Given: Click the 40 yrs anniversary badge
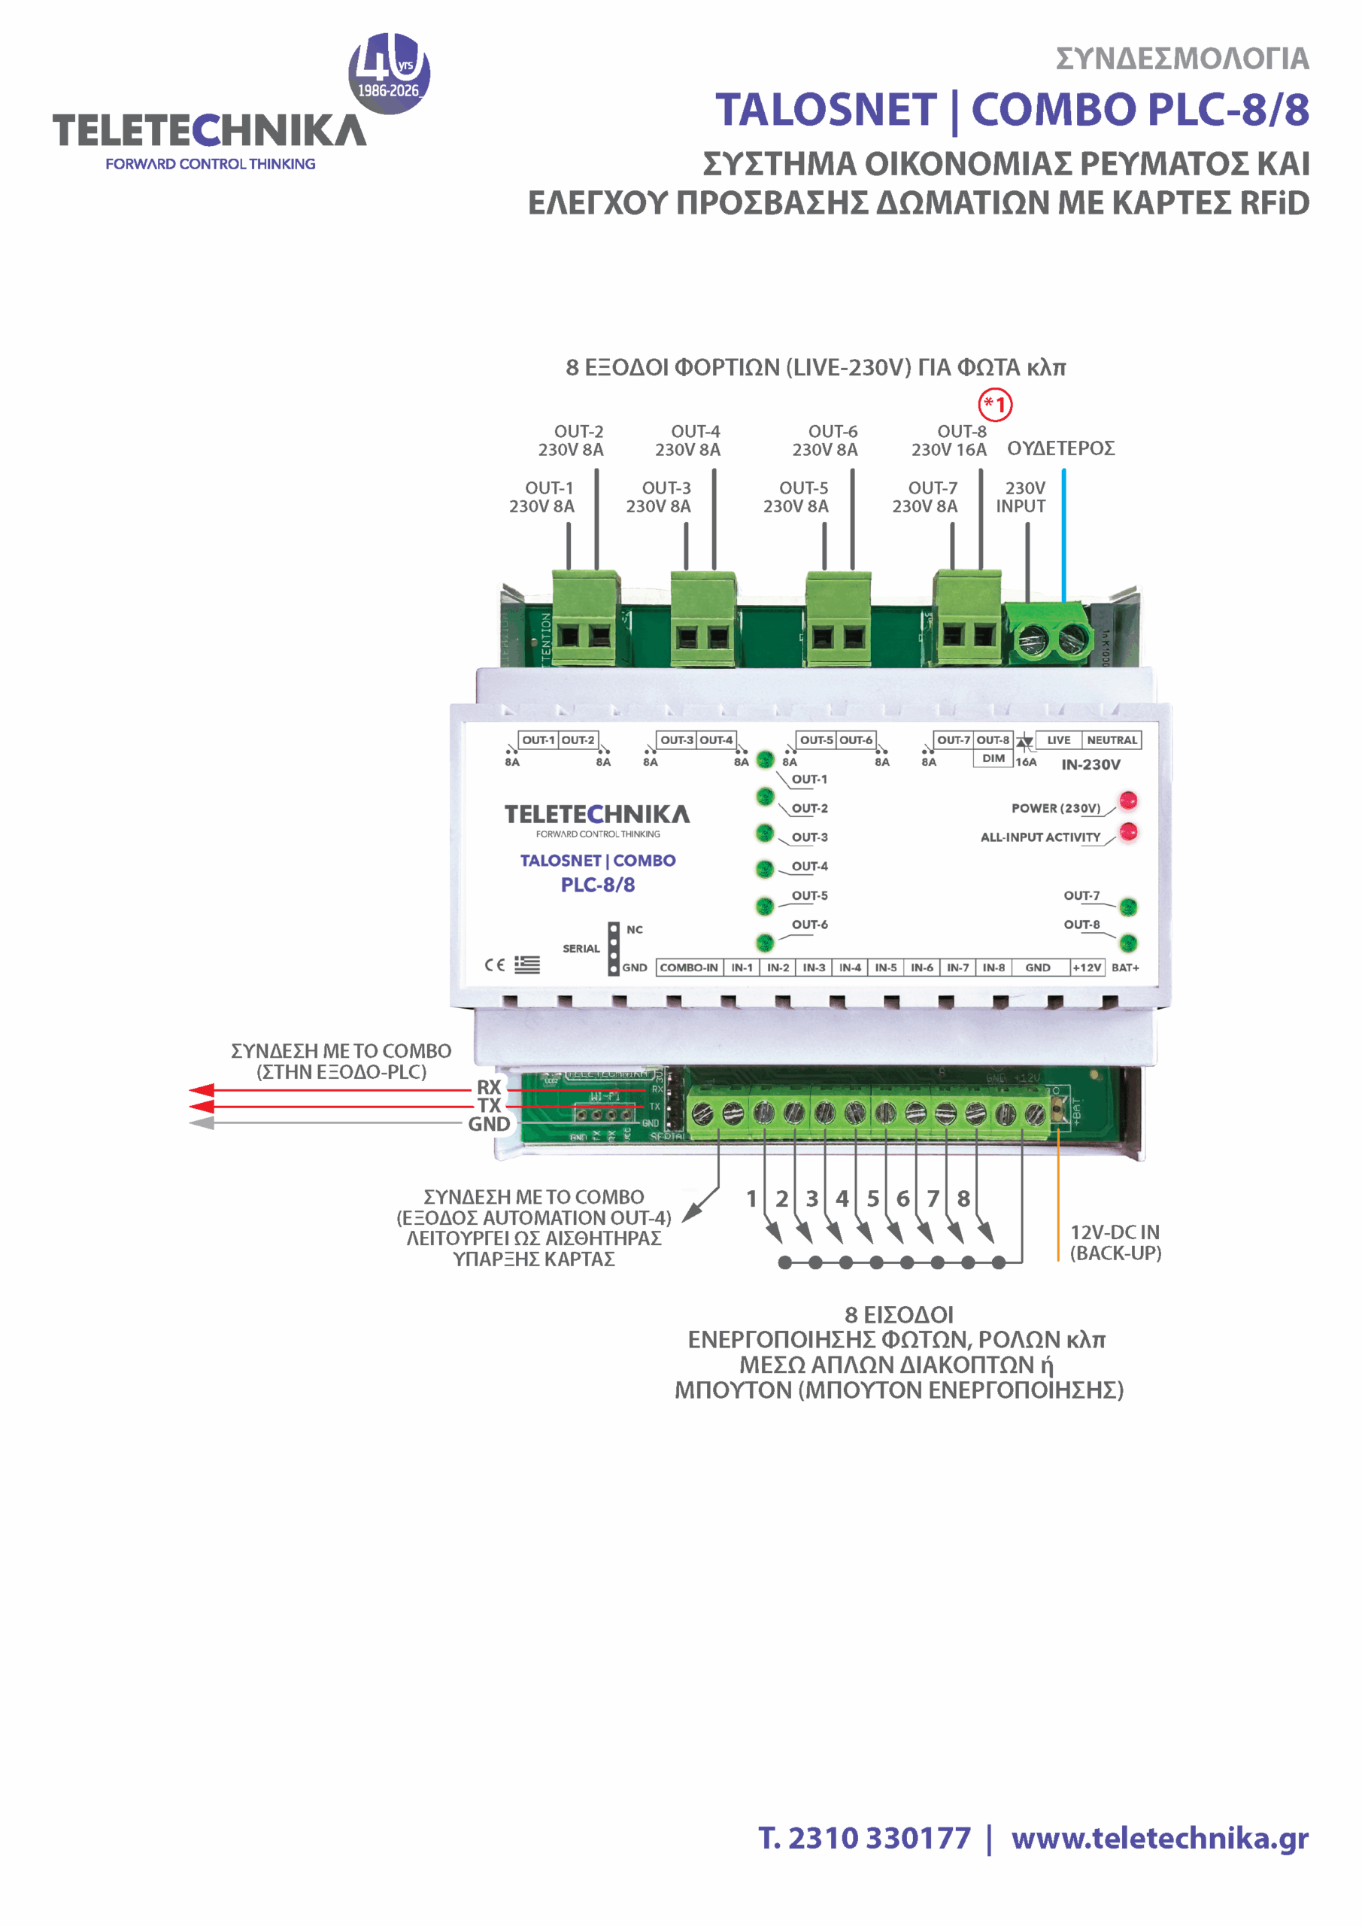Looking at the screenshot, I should (389, 73).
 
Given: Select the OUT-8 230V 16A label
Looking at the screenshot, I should (949, 440).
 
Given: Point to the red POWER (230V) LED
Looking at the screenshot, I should (1129, 800).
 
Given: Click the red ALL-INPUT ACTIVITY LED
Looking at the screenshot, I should (1129, 831).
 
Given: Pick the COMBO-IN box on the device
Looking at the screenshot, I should (689, 968).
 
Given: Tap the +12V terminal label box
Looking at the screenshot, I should (1087, 968).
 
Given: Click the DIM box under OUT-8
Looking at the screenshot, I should (993, 758).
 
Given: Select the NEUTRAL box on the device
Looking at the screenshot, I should (1112, 740).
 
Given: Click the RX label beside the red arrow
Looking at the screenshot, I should (489, 1087).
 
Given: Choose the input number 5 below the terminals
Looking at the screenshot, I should (873, 1198).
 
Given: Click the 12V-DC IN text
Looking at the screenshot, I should (1115, 1232).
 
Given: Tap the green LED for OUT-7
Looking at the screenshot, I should (1129, 906).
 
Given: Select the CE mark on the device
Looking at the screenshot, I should (495, 965).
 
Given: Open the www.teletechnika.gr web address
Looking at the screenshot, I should (1159, 1838).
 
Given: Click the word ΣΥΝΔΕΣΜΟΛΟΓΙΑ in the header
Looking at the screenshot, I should (1182, 59).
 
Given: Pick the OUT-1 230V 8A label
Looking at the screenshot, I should (541, 497).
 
